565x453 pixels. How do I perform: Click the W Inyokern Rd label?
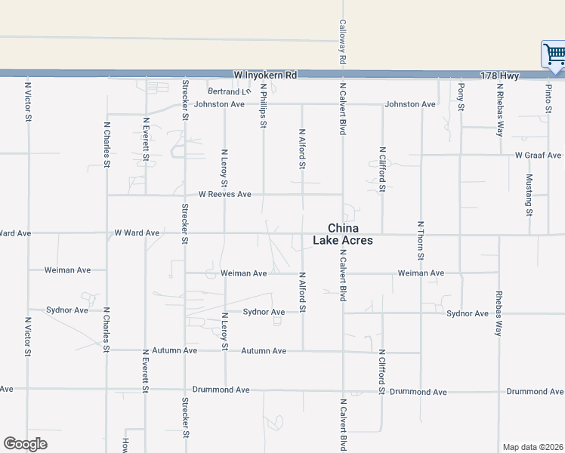[x=265, y=75]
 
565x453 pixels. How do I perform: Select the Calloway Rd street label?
[x=342, y=42]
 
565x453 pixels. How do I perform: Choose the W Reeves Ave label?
[x=224, y=194]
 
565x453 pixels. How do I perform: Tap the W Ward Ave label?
[x=137, y=233]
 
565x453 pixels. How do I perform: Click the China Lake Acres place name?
[x=343, y=235]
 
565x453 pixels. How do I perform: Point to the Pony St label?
[x=461, y=96]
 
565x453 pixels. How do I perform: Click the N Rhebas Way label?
[x=500, y=109]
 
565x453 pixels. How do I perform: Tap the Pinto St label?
[x=548, y=98]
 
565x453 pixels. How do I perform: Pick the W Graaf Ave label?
[x=539, y=156]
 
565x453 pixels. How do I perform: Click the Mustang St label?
[x=529, y=194]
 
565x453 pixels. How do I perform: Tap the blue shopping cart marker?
[x=554, y=54]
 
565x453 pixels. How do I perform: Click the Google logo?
[x=25, y=444]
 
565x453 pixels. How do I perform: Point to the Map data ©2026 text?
[x=533, y=447]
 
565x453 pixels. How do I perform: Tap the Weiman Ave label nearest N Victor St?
[x=67, y=270]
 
